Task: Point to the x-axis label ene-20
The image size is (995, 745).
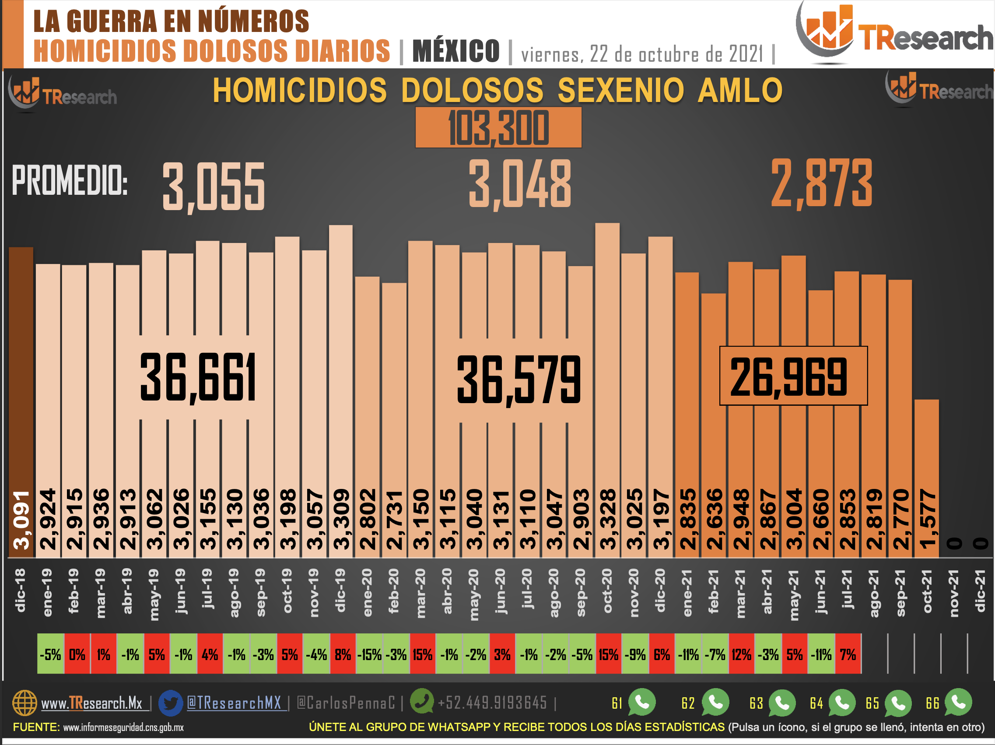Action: tap(368, 593)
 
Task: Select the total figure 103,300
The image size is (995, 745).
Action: tap(498, 128)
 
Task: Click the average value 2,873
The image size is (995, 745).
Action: tap(821, 183)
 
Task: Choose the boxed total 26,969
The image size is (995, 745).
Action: tap(793, 376)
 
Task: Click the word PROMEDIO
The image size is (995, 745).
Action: tap(70, 180)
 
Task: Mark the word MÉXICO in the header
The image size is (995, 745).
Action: tap(455, 51)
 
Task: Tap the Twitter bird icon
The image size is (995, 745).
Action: tap(171, 702)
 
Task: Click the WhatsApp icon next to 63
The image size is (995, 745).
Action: tap(782, 702)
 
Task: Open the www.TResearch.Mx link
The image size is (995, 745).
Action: tap(92, 703)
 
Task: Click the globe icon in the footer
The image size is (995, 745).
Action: tap(25, 702)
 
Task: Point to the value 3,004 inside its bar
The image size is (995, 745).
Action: tap(794, 519)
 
